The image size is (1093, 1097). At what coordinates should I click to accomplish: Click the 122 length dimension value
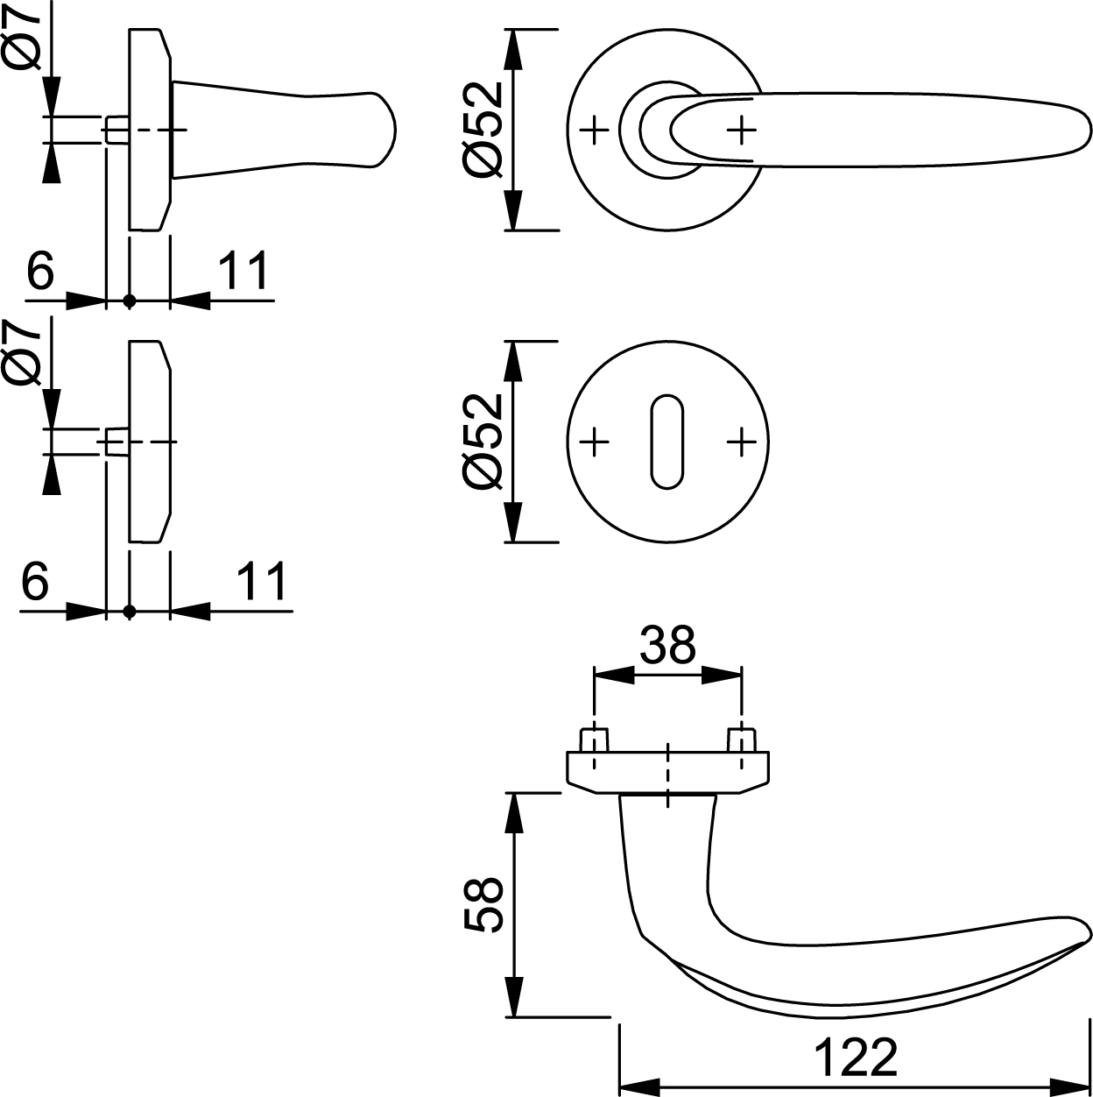[856, 1058]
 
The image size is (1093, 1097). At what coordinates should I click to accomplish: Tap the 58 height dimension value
[483, 904]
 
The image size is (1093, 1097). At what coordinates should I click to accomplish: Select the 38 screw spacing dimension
[666, 646]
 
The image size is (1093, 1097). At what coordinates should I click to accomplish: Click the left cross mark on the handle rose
[595, 131]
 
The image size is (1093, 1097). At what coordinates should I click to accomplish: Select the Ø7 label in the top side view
[24, 37]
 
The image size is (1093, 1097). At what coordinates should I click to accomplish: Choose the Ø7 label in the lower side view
[24, 352]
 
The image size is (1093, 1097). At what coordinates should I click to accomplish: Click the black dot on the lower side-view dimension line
[130, 611]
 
